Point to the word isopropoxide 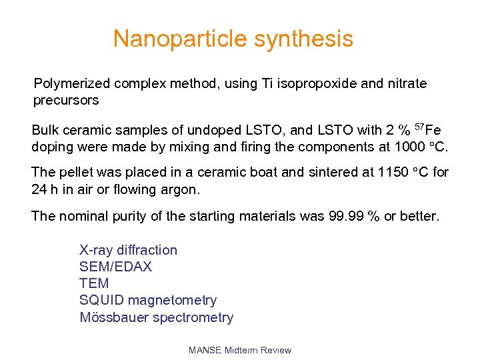tap(302, 84)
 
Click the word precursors tap(66, 101)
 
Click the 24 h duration tap(44, 189)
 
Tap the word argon tap(179, 189)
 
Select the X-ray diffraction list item tap(129, 250)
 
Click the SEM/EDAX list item tap(115, 267)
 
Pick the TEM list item tap(94, 283)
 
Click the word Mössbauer tap(115, 317)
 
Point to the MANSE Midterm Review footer tap(240, 350)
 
